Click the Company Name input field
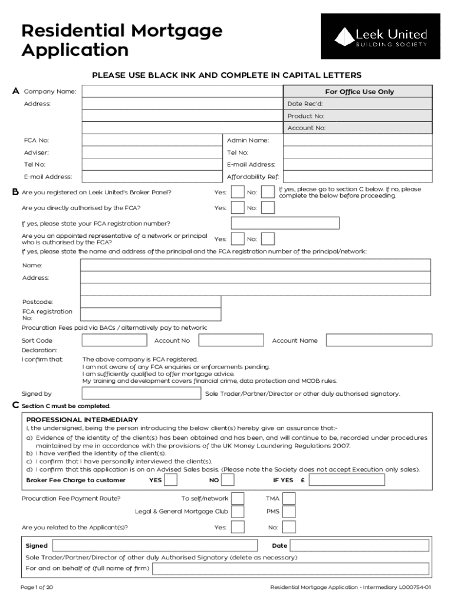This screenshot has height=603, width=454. click(182, 92)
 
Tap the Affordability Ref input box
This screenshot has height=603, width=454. click(358, 177)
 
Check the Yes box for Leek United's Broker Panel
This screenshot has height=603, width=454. click(238, 193)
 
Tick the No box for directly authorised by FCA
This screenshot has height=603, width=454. click(268, 208)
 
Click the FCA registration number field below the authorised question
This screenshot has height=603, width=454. click(285, 223)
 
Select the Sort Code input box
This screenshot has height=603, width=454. click(114, 340)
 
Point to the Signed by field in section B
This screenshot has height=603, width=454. click(142, 393)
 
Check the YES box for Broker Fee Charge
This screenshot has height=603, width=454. click(170, 480)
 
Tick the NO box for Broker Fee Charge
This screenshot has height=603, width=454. click(228, 480)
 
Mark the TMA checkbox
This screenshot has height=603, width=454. click(289, 498)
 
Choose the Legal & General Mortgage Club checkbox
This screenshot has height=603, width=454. click(238, 512)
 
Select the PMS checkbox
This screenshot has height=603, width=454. click(289, 512)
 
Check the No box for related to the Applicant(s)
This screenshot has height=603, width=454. click(289, 527)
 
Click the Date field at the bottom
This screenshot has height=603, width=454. click(358, 546)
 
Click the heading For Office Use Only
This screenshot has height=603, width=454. click(358, 92)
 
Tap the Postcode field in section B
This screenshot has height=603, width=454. click(151, 302)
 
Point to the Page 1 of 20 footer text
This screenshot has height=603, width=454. click(37, 588)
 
